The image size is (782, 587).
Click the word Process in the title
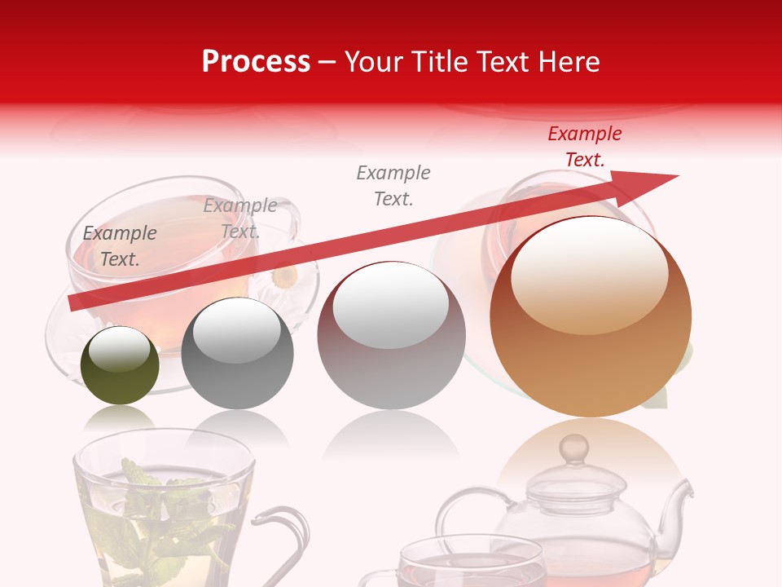[256, 62]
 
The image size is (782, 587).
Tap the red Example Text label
[584, 147]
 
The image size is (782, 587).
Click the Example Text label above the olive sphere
[120, 246]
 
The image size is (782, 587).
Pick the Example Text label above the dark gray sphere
[240, 218]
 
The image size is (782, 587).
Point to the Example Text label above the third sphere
[393, 185]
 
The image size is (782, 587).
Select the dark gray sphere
[237, 355]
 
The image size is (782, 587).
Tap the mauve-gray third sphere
[391, 336]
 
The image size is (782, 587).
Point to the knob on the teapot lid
[576, 448]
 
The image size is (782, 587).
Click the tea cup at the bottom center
[472, 563]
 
